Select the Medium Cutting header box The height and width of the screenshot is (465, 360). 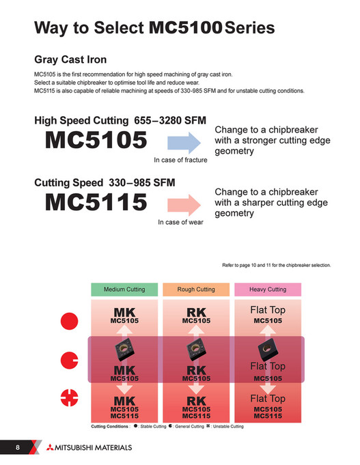[124, 290]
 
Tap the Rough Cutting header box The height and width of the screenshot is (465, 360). [196, 290]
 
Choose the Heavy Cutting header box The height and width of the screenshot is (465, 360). [268, 290]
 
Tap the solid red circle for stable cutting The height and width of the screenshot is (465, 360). [70, 320]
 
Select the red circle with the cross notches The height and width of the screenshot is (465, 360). [70, 396]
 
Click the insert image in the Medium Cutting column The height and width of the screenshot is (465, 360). [124, 350]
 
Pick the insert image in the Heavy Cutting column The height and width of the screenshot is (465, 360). [268, 349]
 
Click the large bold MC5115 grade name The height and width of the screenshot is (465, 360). [96, 202]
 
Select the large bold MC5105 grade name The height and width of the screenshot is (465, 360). [96, 141]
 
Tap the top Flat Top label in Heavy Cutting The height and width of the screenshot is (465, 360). [268, 311]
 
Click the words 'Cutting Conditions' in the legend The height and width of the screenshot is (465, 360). [110, 427]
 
